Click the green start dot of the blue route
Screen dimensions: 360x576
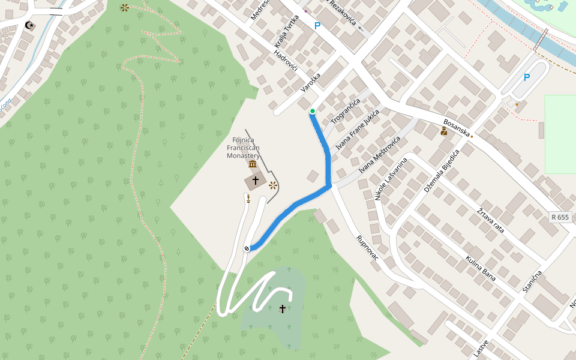click(313, 111)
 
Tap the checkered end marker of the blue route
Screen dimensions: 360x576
click(247, 248)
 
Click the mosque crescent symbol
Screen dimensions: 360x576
click(29, 25)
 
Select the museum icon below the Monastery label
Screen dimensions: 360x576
click(253, 164)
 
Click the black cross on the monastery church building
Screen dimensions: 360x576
click(255, 180)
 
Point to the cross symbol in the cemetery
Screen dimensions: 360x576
click(283, 308)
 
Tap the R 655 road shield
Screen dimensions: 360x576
click(559, 217)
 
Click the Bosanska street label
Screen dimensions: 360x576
click(456, 127)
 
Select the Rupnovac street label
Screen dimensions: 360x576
click(368, 248)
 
